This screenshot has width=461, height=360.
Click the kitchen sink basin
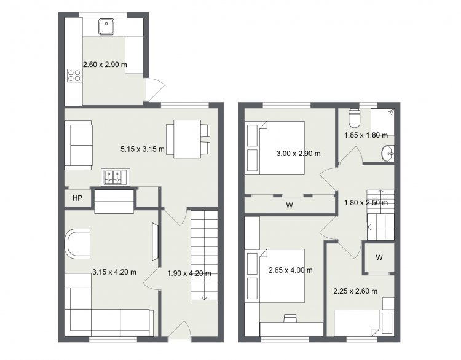pyautogui.click(x=106, y=27)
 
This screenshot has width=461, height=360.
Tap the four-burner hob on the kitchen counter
pyautogui.click(x=74, y=75)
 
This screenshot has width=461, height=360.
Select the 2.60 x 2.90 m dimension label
pyautogui.click(x=105, y=65)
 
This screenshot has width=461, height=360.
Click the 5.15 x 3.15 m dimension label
pyautogui.click(x=143, y=149)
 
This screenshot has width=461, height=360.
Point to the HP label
pyautogui.click(x=77, y=198)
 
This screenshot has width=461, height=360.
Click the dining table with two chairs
pyautogui.click(x=189, y=139)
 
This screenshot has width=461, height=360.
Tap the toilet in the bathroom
pyautogui.click(x=353, y=118)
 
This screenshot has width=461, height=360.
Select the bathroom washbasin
pyautogui.click(x=387, y=153)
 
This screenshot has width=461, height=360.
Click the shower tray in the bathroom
pyautogui.click(x=382, y=122)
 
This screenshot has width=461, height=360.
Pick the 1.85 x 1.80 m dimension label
pyautogui.click(x=366, y=135)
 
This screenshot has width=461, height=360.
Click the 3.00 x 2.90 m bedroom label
pyautogui.click(x=298, y=154)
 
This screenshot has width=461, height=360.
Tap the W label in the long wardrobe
pyautogui.click(x=290, y=205)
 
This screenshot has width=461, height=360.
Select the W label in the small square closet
pyautogui.click(x=379, y=258)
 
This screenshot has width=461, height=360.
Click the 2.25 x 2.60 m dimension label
pyautogui.click(x=355, y=291)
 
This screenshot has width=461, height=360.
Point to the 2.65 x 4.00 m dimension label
pyautogui.click(x=291, y=270)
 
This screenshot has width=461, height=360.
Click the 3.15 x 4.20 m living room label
pyautogui.click(x=114, y=272)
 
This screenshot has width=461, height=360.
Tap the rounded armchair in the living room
pyautogui.click(x=77, y=244)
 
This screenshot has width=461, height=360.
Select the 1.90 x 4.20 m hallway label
pyautogui.click(x=189, y=273)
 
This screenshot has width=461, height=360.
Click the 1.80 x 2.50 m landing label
pyautogui.click(x=366, y=203)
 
